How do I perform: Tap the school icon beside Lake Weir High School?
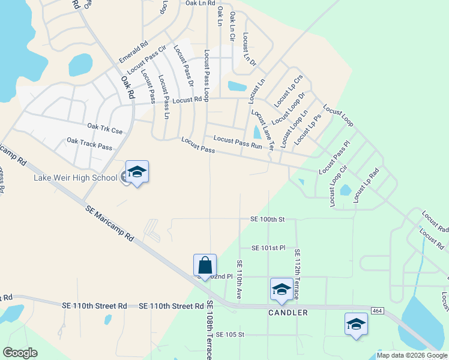[x=137, y=172]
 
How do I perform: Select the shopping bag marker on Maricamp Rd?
[x=205, y=265]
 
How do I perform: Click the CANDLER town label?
[x=288, y=313]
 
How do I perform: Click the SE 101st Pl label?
[x=268, y=248]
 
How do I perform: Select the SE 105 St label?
[x=231, y=334]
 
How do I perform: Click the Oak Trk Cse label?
[x=104, y=127]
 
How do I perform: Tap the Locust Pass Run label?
[x=238, y=141]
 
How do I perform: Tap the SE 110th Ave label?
[x=239, y=281]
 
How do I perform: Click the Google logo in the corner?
[x=20, y=352]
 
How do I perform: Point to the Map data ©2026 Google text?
[x=412, y=355]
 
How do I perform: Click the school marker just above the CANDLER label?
[x=281, y=289]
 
